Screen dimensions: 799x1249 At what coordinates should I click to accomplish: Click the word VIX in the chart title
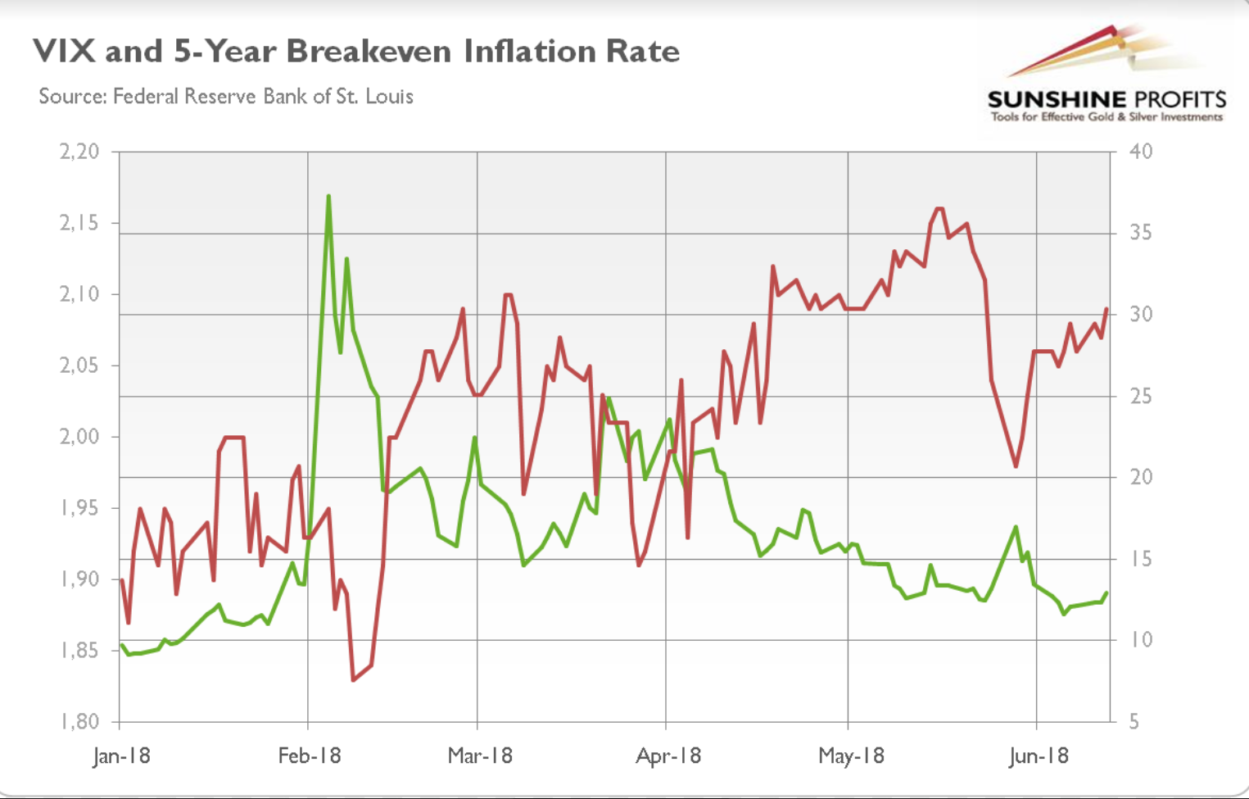66,52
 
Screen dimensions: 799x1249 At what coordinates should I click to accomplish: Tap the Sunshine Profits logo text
1106,100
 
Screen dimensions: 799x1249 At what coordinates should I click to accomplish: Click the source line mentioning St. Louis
226,97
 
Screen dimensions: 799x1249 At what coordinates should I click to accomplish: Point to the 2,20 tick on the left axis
79,152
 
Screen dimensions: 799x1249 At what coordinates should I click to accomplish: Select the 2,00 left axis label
79,437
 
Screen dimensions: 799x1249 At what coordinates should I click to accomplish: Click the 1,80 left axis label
79,722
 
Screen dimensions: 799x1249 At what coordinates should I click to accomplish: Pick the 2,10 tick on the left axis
79,294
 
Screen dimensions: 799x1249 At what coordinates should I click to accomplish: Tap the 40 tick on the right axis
1141,152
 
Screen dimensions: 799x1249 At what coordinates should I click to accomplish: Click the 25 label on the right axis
1141,397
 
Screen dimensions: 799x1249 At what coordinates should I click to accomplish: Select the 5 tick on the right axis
1134,722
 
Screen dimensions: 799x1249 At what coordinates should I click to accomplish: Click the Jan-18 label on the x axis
121,756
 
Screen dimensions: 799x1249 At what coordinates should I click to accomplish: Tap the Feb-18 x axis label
309,756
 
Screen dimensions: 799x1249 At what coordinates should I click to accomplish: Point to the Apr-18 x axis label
668,756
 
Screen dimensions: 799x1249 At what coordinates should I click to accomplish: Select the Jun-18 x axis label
1038,756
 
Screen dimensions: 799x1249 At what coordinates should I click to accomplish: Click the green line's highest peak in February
328,196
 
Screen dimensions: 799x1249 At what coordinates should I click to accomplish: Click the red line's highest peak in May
939,209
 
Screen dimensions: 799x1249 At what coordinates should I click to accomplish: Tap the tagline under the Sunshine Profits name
1106,117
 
